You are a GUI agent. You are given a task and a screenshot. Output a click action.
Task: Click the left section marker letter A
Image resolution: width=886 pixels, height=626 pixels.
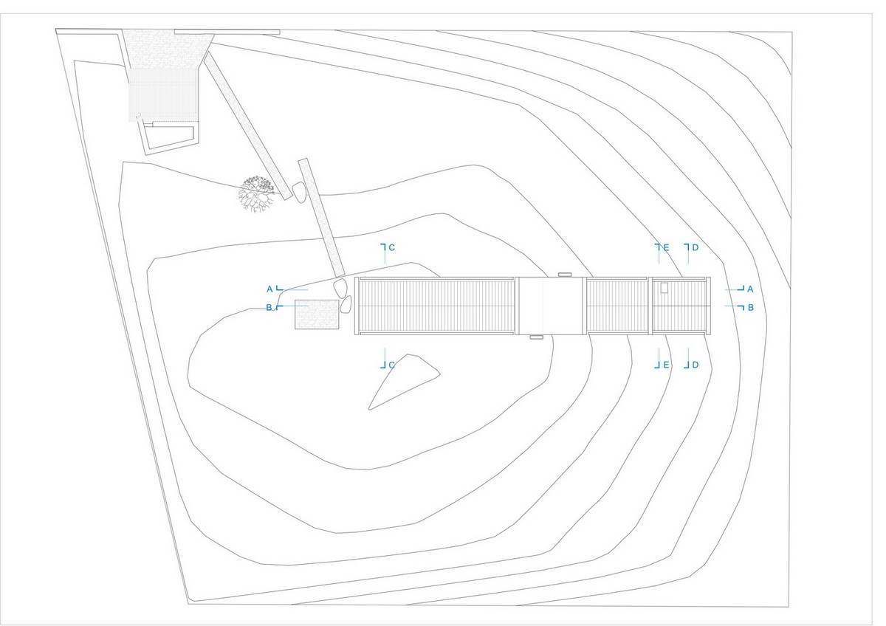[x=269, y=289]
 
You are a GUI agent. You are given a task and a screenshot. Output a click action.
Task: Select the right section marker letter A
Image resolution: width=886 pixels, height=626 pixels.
[x=750, y=289]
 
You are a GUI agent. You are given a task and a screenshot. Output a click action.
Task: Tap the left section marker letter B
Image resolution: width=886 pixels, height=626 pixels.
[x=269, y=307]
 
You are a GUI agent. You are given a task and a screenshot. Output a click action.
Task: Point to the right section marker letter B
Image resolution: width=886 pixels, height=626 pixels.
[x=750, y=307]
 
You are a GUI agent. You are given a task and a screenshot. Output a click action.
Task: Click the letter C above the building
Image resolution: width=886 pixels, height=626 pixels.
[x=391, y=247]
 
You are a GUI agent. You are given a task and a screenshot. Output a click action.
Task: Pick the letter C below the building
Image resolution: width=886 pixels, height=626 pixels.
[x=391, y=365]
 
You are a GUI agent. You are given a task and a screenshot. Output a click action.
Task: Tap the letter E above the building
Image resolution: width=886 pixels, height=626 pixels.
[x=666, y=247]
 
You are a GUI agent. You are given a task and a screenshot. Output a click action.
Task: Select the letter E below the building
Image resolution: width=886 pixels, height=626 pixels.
[x=666, y=365]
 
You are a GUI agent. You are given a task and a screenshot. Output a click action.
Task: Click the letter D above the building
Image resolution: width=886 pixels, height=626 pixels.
[x=696, y=247]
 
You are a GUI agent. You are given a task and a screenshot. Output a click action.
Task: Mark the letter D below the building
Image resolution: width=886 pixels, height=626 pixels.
[x=696, y=365]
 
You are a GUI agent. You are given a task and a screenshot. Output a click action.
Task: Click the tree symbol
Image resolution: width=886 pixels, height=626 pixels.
[x=257, y=193]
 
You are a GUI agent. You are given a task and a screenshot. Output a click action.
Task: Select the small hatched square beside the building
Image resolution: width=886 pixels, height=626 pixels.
[x=317, y=314]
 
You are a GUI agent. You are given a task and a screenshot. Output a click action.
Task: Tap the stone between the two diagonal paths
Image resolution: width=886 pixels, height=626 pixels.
[x=298, y=193]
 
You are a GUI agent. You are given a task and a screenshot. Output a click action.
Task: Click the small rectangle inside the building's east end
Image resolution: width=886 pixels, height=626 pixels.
[x=664, y=288]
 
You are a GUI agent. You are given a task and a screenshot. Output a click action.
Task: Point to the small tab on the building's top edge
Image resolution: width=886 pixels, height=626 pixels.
[x=565, y=274]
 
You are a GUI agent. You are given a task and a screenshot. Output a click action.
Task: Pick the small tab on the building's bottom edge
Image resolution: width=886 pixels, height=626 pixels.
[x=536, y=337]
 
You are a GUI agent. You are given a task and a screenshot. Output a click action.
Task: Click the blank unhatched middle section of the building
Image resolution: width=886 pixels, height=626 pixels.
[x=550, y=306]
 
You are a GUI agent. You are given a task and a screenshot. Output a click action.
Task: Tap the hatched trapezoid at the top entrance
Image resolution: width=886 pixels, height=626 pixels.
[x=168, y=49]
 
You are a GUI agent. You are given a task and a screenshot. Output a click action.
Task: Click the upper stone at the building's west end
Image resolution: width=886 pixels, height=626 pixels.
[x=340, y=287]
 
